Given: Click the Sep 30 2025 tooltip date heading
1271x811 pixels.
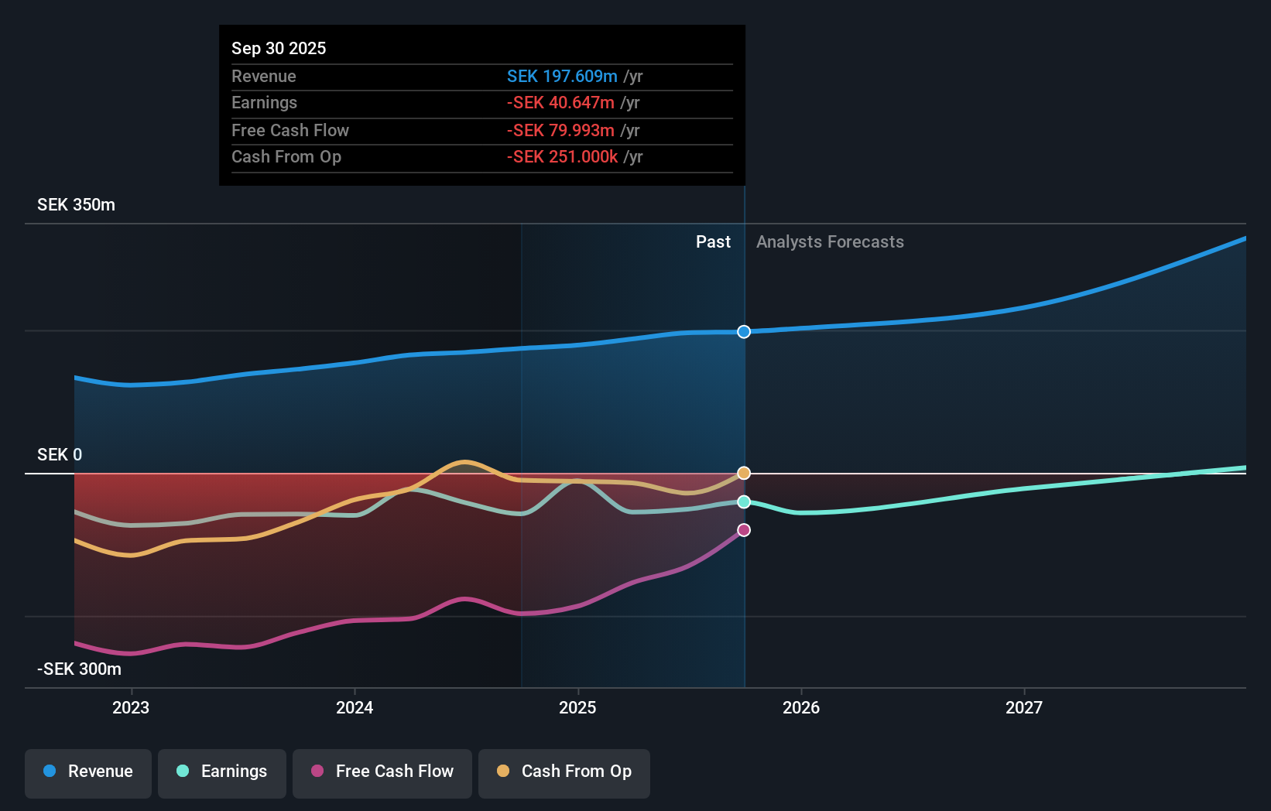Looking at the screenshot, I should pos(279,48).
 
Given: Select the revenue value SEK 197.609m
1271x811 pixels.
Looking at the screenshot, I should pos(562,76).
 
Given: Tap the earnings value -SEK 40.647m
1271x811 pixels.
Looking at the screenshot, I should pos(560,103).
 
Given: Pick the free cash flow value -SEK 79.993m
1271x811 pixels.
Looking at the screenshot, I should pos(560,130).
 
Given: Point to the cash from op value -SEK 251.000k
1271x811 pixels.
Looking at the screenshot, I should pos(562,157).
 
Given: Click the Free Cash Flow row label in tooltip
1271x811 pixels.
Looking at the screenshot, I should pos(289,130).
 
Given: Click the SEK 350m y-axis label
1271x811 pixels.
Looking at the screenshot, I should pos(76,205).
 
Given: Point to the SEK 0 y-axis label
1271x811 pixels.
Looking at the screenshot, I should pos(60,455).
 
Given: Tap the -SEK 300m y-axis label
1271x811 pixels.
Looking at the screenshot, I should pos(79,669).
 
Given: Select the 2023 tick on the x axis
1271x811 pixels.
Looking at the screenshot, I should pos(131,707).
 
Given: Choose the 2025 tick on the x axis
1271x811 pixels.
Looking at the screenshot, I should pos(577,707).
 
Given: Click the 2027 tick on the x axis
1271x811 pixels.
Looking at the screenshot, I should pos(1023,707).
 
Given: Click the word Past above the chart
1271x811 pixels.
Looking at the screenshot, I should pos(713,242).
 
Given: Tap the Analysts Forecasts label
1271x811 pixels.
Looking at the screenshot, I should pos(830,242).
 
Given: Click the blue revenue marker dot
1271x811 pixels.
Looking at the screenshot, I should pos(744,332).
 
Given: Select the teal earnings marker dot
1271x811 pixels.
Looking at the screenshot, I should pos(744,502).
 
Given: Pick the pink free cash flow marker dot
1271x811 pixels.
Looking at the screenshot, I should pos(744,530).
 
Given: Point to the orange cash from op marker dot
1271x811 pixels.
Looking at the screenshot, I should pos(744,473).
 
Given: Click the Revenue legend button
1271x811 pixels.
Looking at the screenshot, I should pos(88,772).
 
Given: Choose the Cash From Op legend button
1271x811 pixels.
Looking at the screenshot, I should pos(564,772).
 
